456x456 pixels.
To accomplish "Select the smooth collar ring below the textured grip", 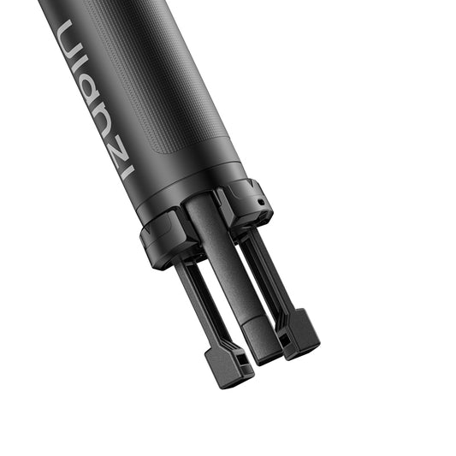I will point(188,184).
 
